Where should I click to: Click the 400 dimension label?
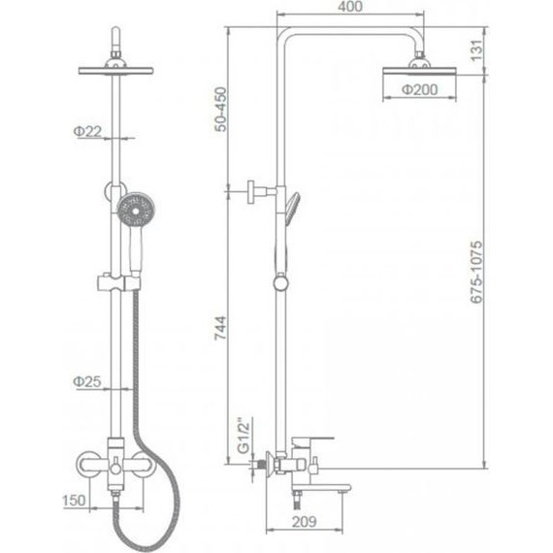(x=350, y=7)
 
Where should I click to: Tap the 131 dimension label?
(x=475, y=50)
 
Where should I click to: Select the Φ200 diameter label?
(x=420, y=89)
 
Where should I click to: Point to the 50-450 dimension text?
(x=221, y=110)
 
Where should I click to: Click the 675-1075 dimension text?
(x=476, y=272)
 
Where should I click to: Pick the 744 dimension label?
(x=221, y=328)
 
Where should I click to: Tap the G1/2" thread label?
(x=244, y=436)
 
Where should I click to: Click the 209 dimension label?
(x=304, y=521)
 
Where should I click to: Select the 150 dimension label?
(x=74, y=500)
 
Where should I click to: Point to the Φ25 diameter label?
(x=87, y=381)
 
